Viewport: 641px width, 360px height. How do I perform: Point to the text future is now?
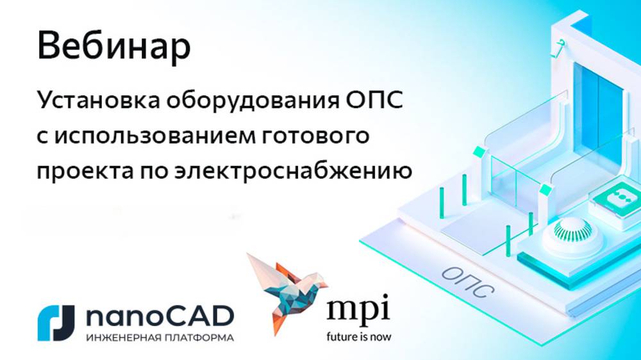pos(358,336)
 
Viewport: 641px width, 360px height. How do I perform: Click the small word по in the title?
pos(149,172)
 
